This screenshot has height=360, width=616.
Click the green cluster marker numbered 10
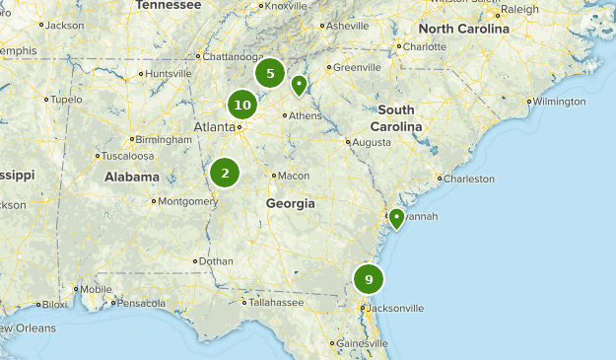click(242, 105)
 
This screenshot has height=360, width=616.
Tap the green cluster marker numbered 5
click(270, 73)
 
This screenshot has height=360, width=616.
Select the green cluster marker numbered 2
click(225, 174)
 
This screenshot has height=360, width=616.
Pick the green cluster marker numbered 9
click(369, 279)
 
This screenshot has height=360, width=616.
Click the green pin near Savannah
click(395, 218)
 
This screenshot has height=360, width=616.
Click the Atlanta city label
click(214, 126)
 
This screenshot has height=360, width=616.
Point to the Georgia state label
click(290, 203)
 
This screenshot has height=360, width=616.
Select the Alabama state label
click(132, 178)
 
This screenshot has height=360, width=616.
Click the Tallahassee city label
click(274, 303)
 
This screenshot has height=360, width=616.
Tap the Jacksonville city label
click(396, 309)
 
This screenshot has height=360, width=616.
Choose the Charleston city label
click(468, 180)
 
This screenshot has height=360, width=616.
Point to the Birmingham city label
click(165, 140)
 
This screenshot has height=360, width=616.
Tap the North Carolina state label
click(469, 29)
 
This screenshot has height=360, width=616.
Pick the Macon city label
click(294, 176)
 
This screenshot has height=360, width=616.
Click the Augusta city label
click(371, 142)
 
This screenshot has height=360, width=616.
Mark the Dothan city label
click(215, 261)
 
